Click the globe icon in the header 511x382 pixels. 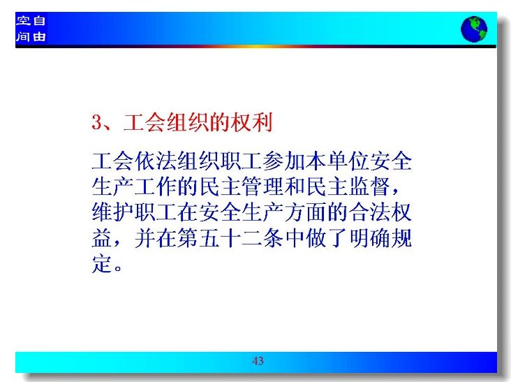[474, 29]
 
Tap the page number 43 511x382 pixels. [258, 361]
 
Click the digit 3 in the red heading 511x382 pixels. [97, 122]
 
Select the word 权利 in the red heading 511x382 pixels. [251, 122]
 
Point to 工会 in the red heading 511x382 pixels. [144, 122]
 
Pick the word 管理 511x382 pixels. [263, 186]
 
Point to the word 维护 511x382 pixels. [113, 212]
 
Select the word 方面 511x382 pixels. [305, 212]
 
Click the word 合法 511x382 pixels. [369, 212]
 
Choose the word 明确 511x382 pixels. [369, 238]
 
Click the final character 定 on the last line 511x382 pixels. [103, 263]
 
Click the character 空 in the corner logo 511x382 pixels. [23, 21]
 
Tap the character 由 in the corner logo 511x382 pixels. [39, 36]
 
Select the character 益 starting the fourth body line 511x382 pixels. [103, 238]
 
